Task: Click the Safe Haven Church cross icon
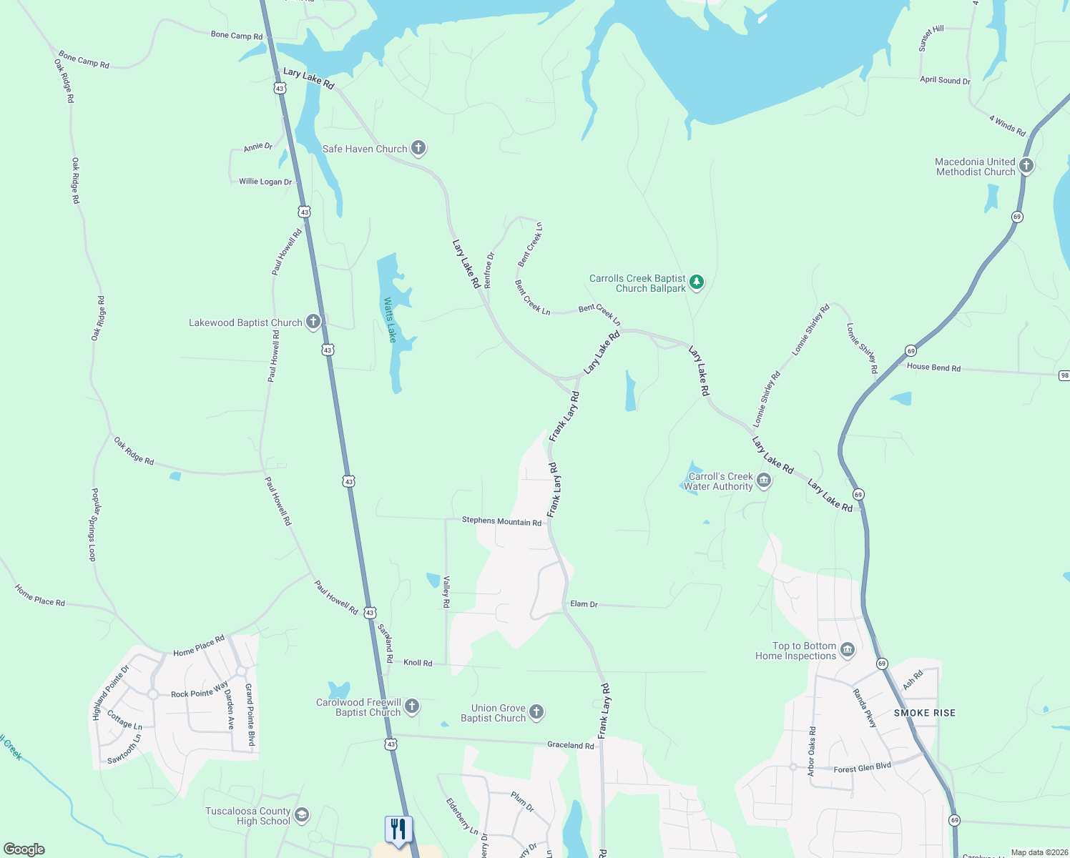(418, 148)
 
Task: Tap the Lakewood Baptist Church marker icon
(313, 322)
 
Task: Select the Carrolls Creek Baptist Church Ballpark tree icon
(697, 282)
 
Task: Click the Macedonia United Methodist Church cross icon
(1026, 166)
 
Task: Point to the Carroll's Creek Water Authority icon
(764, 480)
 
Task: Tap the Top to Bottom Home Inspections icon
(848, 650)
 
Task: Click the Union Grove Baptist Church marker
(536, 712)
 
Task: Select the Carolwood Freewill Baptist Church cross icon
(412, 706)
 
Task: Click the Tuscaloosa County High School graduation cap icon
(302, 815)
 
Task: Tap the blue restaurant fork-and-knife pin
(398, 829)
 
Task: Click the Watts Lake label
(390, 320)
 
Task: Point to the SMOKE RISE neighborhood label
(924, 713)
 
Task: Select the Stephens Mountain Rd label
(501, 521)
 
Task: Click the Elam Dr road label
(584, 604)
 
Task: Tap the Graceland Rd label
(570, 745)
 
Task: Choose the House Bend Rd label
(933, 368)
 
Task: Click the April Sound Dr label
(945, 80)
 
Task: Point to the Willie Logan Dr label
(265, 182)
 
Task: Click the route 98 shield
(1064, 375)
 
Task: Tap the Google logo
(24, 849)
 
